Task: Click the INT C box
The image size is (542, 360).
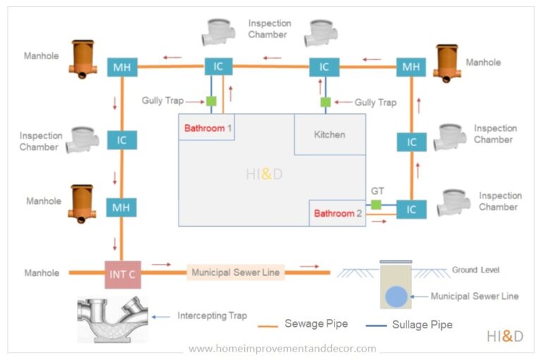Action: pos(122,273)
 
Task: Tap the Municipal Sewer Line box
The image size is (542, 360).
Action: pos(236,272)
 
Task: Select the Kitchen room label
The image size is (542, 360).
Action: pos(330,134)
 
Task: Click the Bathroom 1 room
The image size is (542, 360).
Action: pos(207,128)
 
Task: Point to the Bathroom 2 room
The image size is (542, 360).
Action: pos(337,212)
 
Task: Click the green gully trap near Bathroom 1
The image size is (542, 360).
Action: pos(211,102)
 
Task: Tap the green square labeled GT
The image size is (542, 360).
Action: pos(376,205)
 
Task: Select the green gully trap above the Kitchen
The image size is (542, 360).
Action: pos(325,102)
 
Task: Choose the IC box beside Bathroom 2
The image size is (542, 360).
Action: pos(411,210)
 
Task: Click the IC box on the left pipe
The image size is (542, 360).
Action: pos(122,140)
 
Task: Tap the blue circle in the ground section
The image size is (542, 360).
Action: pos(397,296)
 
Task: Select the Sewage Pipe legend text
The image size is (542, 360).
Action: pos(316,324)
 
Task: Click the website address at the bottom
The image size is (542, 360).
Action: pos(282,348)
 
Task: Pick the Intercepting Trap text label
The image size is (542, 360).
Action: pos(212,316)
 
